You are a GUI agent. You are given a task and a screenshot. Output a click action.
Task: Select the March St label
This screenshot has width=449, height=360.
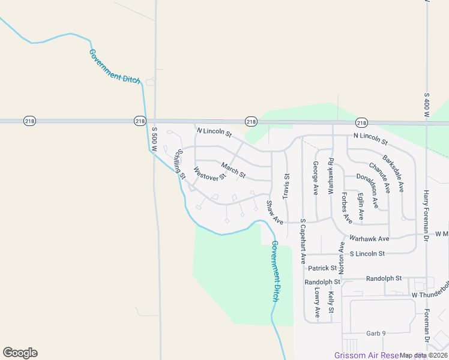coord(233,170)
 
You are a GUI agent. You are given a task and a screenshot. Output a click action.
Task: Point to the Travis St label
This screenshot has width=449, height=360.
coord(286,186)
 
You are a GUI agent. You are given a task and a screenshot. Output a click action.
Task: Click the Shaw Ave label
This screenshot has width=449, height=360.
coord(275,213)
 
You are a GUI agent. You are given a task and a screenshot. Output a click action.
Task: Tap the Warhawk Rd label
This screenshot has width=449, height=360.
coord(330,175)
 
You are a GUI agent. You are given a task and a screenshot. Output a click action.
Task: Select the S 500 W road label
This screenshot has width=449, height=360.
coord(154,137)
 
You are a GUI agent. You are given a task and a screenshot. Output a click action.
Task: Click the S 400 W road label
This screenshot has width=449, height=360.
coord(426,104)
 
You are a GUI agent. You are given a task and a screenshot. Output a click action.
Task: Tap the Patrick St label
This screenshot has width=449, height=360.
coord(324,268)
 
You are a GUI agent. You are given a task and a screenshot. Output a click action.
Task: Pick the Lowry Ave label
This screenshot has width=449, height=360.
coord(317,302)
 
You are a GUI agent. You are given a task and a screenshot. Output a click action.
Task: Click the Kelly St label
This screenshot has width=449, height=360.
coord(331,302)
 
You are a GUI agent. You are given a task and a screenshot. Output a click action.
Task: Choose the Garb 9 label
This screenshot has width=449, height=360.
coord(376,333)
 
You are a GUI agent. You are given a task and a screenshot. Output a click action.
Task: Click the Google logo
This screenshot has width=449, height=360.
coord(20,353)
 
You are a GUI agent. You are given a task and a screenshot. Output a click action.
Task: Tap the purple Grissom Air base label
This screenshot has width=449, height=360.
coord(366,355)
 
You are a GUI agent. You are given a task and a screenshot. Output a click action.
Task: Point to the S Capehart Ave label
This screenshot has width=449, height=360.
coord(303,241)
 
